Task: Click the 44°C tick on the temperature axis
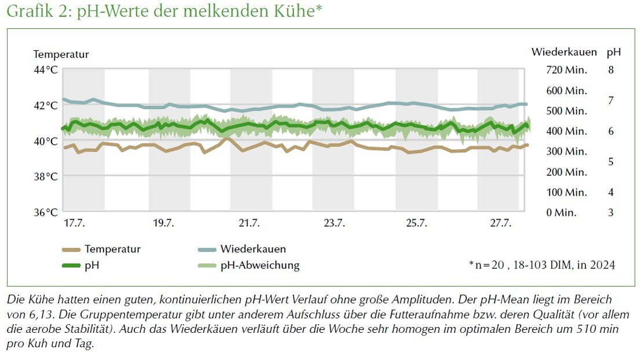46,70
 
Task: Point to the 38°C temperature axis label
46,177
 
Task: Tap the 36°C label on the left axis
46,212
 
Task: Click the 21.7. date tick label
250,223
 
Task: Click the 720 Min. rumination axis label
566,70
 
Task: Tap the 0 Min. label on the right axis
561,212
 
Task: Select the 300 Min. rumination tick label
566,152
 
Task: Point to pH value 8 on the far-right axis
610,70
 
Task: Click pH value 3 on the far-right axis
610,212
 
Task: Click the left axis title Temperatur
61,54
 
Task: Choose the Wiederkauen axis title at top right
563,52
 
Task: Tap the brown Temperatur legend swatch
70,250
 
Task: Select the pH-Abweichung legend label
259,266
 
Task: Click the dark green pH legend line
70,266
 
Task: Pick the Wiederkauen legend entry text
252,249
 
